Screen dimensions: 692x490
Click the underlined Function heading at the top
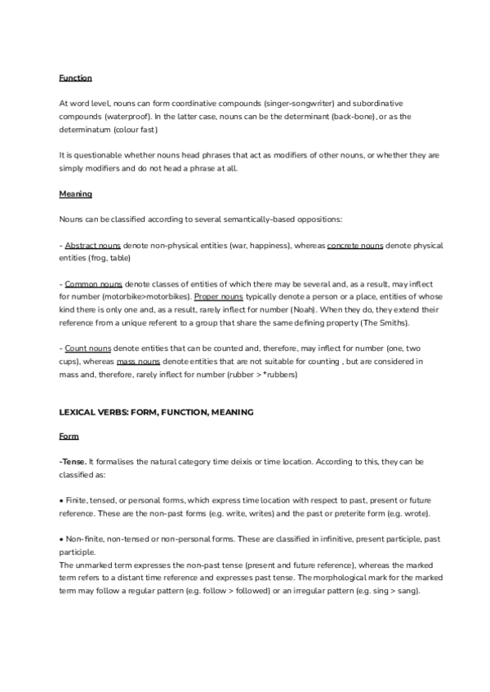75,78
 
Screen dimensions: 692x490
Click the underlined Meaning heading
75,194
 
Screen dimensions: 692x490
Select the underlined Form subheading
69,437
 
